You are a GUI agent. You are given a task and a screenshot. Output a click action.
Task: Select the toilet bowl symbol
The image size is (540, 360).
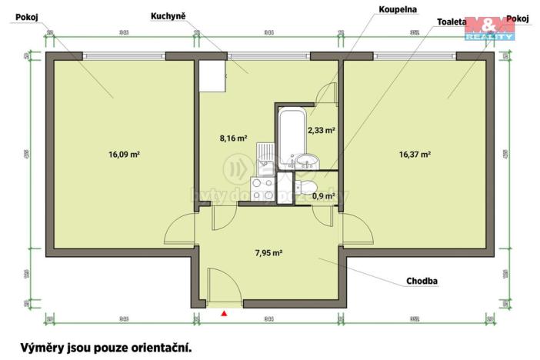pos(306,189)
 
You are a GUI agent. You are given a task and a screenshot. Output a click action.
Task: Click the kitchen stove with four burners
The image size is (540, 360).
pos(262,188)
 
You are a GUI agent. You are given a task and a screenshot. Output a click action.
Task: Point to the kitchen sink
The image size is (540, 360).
pos(263,157)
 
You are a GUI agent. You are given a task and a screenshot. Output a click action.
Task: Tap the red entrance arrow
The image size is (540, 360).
pos(224,313)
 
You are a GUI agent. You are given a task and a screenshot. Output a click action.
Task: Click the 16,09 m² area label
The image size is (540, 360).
pos(124,154)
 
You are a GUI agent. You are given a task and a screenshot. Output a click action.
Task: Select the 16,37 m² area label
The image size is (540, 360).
pos(415,154)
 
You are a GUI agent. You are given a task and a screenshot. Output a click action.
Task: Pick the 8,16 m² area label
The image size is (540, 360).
pos(233,138)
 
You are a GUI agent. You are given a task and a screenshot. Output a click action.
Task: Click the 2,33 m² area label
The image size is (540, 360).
pos(321,131)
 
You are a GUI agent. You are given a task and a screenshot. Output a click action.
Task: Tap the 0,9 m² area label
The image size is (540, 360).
pos(323,196)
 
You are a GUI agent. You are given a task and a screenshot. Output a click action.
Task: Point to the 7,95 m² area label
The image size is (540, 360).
pos(268,252)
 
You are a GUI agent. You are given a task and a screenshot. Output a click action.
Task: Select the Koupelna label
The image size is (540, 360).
pos(397,9)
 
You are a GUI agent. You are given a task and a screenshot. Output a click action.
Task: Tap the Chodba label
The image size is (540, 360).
pos(422,282)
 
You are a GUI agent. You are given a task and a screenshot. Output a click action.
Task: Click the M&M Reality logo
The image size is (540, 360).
pos(490,27)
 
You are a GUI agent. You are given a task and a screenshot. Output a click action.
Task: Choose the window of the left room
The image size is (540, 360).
pos(123,55)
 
